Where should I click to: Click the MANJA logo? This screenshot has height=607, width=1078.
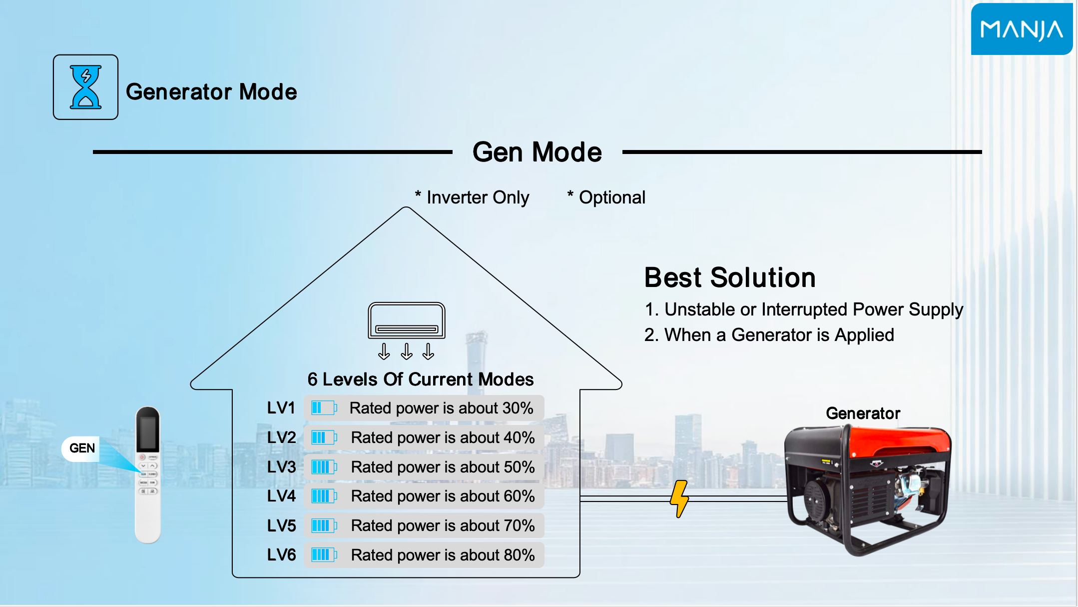point(1022,29)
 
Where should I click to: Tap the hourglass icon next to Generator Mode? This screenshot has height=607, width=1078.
point(86,87)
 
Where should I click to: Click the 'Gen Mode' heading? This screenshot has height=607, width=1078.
point(537,152)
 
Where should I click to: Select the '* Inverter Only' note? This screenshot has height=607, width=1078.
point(472,197)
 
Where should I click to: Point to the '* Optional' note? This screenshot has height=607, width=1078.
point(606,197)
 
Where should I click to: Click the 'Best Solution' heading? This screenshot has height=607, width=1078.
point(730,277)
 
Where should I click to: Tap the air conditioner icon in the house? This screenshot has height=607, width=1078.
point(407,321)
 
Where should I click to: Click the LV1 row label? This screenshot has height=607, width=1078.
point(281,408)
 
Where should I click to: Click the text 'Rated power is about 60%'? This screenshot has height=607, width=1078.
point(443,496)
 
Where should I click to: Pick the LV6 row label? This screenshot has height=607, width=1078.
point(281,555)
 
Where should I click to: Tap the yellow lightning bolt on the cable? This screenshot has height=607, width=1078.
point(679,499)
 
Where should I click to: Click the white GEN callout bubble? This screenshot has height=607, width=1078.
point(81,448)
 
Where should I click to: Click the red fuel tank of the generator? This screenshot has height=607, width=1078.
point(899,441)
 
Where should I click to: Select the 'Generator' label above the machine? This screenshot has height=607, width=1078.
point(863,413)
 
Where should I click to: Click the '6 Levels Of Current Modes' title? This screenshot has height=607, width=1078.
point(421,379)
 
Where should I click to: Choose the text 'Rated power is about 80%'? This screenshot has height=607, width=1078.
point(443,555)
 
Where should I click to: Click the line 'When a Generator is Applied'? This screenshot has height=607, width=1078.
point(779,335)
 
